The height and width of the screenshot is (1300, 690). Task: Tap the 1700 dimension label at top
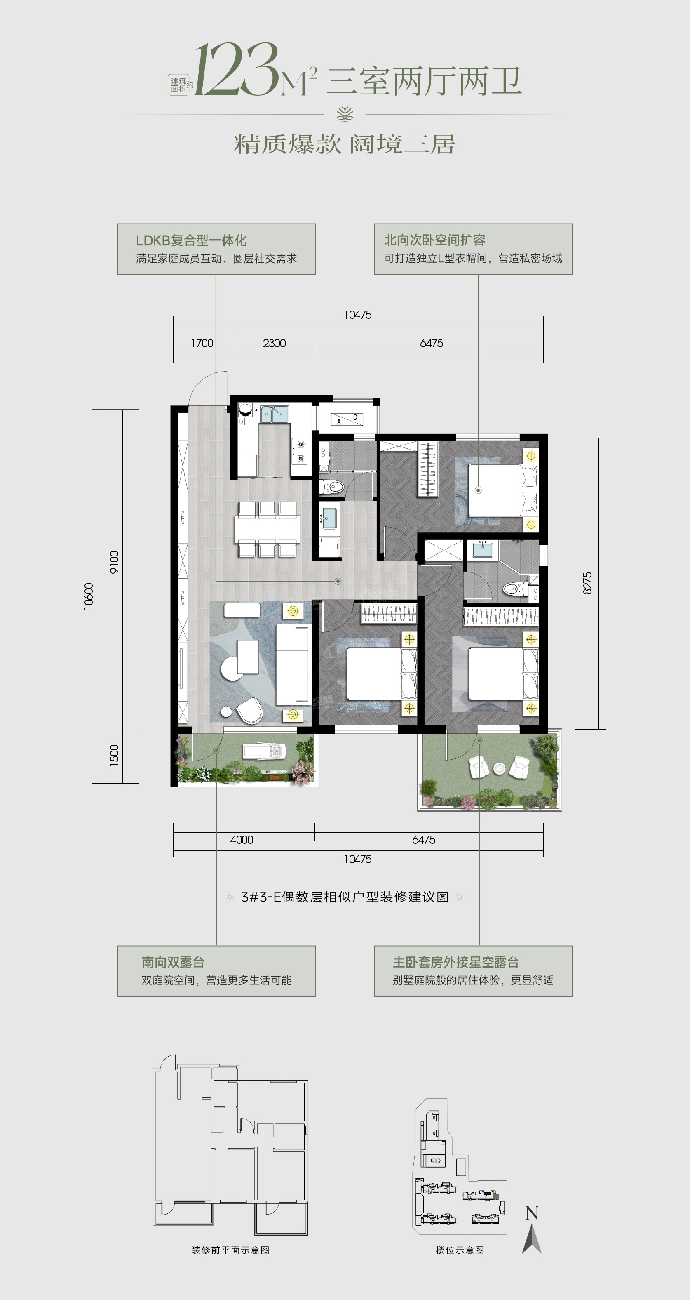tap(202, 343)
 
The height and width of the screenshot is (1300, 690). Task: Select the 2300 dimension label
tap(275, 343)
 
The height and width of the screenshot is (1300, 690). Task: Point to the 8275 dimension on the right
tap(587, 583)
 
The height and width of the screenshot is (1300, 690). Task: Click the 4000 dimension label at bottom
tap(242, 840)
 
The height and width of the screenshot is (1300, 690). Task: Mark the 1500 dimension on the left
tap(114, 756)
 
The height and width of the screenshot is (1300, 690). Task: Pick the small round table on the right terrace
tap(499, 768)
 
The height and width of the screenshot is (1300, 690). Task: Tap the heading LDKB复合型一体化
tap(191, 240)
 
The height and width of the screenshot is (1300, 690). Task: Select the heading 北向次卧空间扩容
tap(435, 240)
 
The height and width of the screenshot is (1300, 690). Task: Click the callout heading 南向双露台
tap(173, 962)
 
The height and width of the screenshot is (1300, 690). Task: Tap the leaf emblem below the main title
tap(345, 115)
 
